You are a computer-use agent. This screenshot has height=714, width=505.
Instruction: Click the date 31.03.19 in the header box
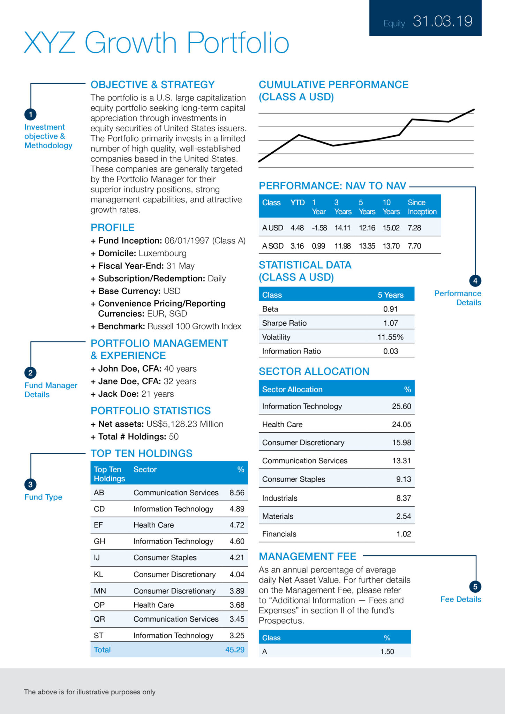pos(442,21)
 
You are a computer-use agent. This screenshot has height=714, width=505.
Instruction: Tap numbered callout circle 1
pos(30,114)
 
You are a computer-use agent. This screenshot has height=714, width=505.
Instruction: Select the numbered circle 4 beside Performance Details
pos(475,281)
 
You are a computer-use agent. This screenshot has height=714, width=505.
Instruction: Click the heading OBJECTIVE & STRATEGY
pos(152,85)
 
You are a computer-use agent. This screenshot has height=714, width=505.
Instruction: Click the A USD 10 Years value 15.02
pos(391,228)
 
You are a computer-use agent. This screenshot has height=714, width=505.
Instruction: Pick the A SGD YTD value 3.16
pos(297,246)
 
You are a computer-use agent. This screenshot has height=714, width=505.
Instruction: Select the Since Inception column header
pos(422,207)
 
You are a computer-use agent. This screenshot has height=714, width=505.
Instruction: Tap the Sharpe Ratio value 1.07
pos(391,323)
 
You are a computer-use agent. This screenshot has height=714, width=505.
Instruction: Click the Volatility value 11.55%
pos(390,337)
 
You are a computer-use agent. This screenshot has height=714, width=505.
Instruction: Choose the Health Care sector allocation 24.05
pos(401,424)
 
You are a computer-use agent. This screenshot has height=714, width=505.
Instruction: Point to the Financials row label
pos(279,534)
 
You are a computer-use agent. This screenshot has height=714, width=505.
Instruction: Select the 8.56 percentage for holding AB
pos(237,492)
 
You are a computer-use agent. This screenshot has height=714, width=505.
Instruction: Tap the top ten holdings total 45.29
pos(235,650)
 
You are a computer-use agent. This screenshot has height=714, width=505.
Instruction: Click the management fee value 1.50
pos(387,651)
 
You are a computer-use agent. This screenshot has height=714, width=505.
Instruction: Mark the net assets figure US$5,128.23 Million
pos(185,424)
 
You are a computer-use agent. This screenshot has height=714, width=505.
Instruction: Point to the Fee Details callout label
pos(460,599)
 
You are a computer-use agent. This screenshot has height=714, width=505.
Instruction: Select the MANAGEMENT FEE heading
pos(307,556)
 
